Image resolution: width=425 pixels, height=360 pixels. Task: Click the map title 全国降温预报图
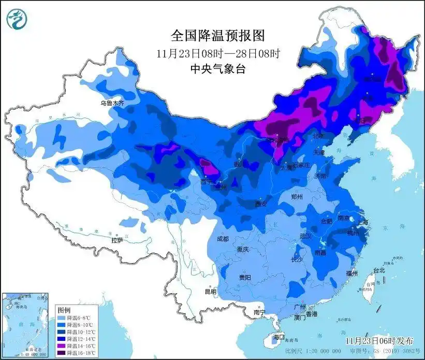coord(217,36)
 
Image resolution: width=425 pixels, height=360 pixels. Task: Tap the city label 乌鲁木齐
coord(112,104)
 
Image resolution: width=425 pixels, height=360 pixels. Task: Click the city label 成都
coord(223,239)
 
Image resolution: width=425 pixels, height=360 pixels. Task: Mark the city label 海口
coord(279,338)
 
